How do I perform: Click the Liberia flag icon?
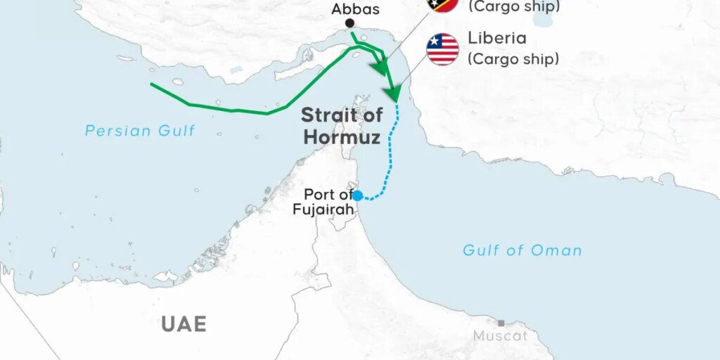(443, 49)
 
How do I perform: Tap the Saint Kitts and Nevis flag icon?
(443, 4)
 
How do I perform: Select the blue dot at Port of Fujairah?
(357, 195)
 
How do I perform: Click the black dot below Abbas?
(349, 24)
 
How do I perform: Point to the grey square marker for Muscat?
(501, 323)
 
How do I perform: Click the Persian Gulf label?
(140, 130)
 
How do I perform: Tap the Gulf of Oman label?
(522, 250)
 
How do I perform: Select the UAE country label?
(184, 323)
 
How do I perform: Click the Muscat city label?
(499, 336)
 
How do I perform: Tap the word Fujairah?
(323, 208)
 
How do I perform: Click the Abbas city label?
(356, 9)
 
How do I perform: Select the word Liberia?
(497, 38)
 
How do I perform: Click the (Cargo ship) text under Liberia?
(513, 59)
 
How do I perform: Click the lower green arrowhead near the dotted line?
(393, 94)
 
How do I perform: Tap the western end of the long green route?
(152, 84)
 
